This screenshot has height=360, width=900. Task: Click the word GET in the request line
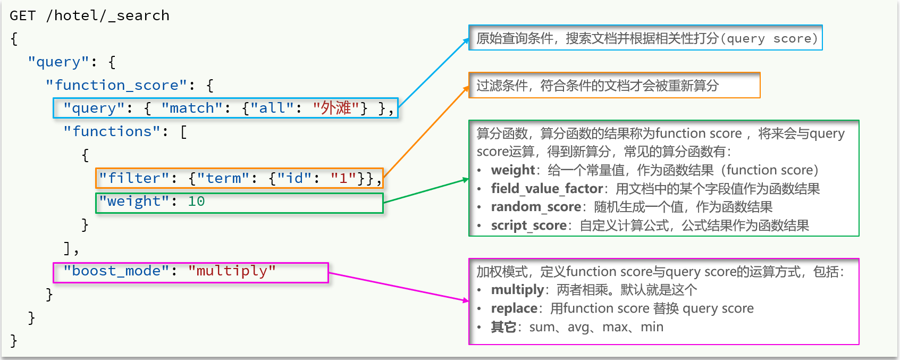(x=22, y=15)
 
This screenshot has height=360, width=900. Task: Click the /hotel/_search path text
(x=108, y=15)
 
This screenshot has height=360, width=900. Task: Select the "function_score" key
(x=116, y=85)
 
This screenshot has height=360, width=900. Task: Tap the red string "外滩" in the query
(x=335, y=108)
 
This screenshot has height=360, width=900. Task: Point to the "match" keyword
(x=192, y=108)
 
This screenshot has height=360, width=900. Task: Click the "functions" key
(x=113, y=131)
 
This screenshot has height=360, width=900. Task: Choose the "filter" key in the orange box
(x=134, y=178)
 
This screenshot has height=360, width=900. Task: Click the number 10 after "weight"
(x=197, y=201)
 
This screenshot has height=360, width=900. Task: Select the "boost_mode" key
(x=116, y=271)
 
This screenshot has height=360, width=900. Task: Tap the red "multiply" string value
(x=232, y=271)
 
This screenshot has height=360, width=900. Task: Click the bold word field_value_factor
(x=547, y=188)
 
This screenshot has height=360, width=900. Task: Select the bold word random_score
(x=536, y=207)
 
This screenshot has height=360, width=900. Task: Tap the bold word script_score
(x=529, y=225)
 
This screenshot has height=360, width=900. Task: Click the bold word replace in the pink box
(x=514, y=308)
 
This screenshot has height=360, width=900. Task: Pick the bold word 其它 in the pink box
(x=503, y=327)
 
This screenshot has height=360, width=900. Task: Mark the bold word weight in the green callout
(x=512, y=170)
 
